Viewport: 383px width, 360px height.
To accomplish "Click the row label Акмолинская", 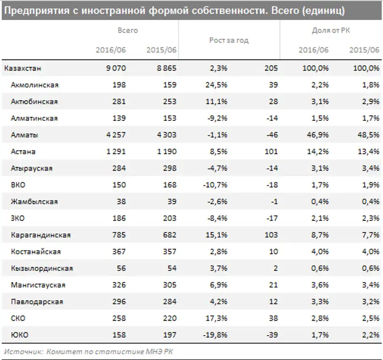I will pyautogui.click(x=34, y=85).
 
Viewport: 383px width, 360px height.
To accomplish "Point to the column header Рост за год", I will pyautogui.click(x=229, y=40).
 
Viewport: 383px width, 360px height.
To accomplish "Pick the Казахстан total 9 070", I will pyautogui.click(x=116, y=68).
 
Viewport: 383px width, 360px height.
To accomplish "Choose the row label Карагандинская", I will pyautogui.click(x=40, y=235).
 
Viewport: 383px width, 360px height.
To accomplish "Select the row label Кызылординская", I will pyautogui.click(x=42, y=268).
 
